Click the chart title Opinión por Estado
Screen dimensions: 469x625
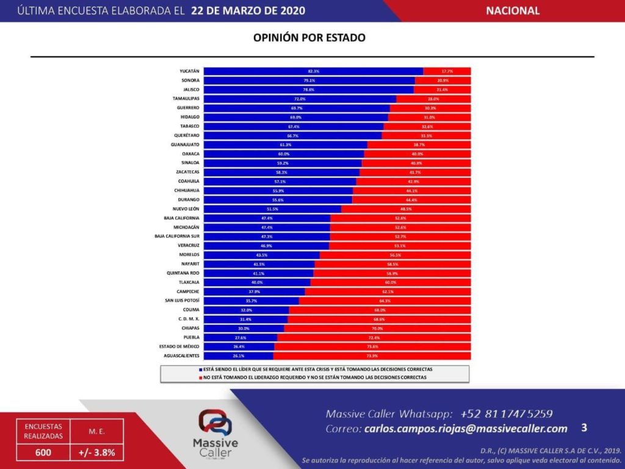(x=309, y=38)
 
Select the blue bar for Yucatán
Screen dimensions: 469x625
(x=313, y=71)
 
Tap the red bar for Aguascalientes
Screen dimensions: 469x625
(x=372, y=355)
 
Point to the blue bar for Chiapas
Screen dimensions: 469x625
(x=244, y=328)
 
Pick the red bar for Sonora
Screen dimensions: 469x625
(x=443, y=81)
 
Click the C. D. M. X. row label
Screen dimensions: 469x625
(x=188, y=319)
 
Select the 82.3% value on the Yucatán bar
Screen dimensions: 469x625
(x=314, y=71)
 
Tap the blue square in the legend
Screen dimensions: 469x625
(x=200, y=370)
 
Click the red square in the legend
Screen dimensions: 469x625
(x=200, y=378)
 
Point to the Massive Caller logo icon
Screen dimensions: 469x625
(x=214, y=422)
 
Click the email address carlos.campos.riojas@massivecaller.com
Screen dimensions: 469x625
(x=465, y=429)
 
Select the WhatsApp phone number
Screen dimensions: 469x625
(x=507, y=413)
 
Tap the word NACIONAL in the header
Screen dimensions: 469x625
(x=513, y=11)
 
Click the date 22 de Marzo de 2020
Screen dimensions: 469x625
(x=248, y=11)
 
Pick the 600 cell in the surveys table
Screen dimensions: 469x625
(x=43, y=453)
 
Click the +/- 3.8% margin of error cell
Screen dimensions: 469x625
(x=97, y=453)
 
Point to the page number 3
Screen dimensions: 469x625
(x=584, y=427)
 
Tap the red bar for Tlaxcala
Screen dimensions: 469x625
(x=391, y=282)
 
